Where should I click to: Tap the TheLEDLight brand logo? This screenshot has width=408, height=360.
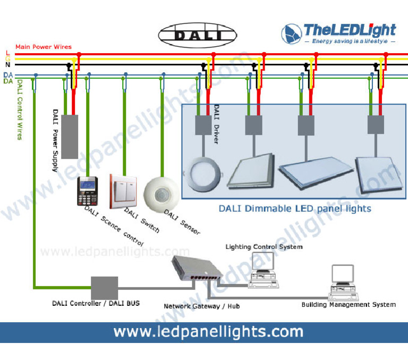(x=339, y=33)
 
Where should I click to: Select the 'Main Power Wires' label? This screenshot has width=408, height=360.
(x=44, y=47)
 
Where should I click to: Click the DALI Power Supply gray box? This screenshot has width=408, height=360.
(x=70, y=136)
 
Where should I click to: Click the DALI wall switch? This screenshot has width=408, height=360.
(x=124, y=191)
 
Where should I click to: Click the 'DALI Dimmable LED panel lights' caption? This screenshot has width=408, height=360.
(x=295, y=208)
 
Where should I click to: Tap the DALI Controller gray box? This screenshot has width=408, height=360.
(x=104, y=287)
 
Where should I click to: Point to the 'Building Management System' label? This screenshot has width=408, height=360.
(x=348, y=304)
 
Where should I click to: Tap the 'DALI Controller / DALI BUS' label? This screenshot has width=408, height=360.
(x=96, y=303)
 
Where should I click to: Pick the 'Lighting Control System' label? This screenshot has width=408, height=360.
(x=264, y=246)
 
